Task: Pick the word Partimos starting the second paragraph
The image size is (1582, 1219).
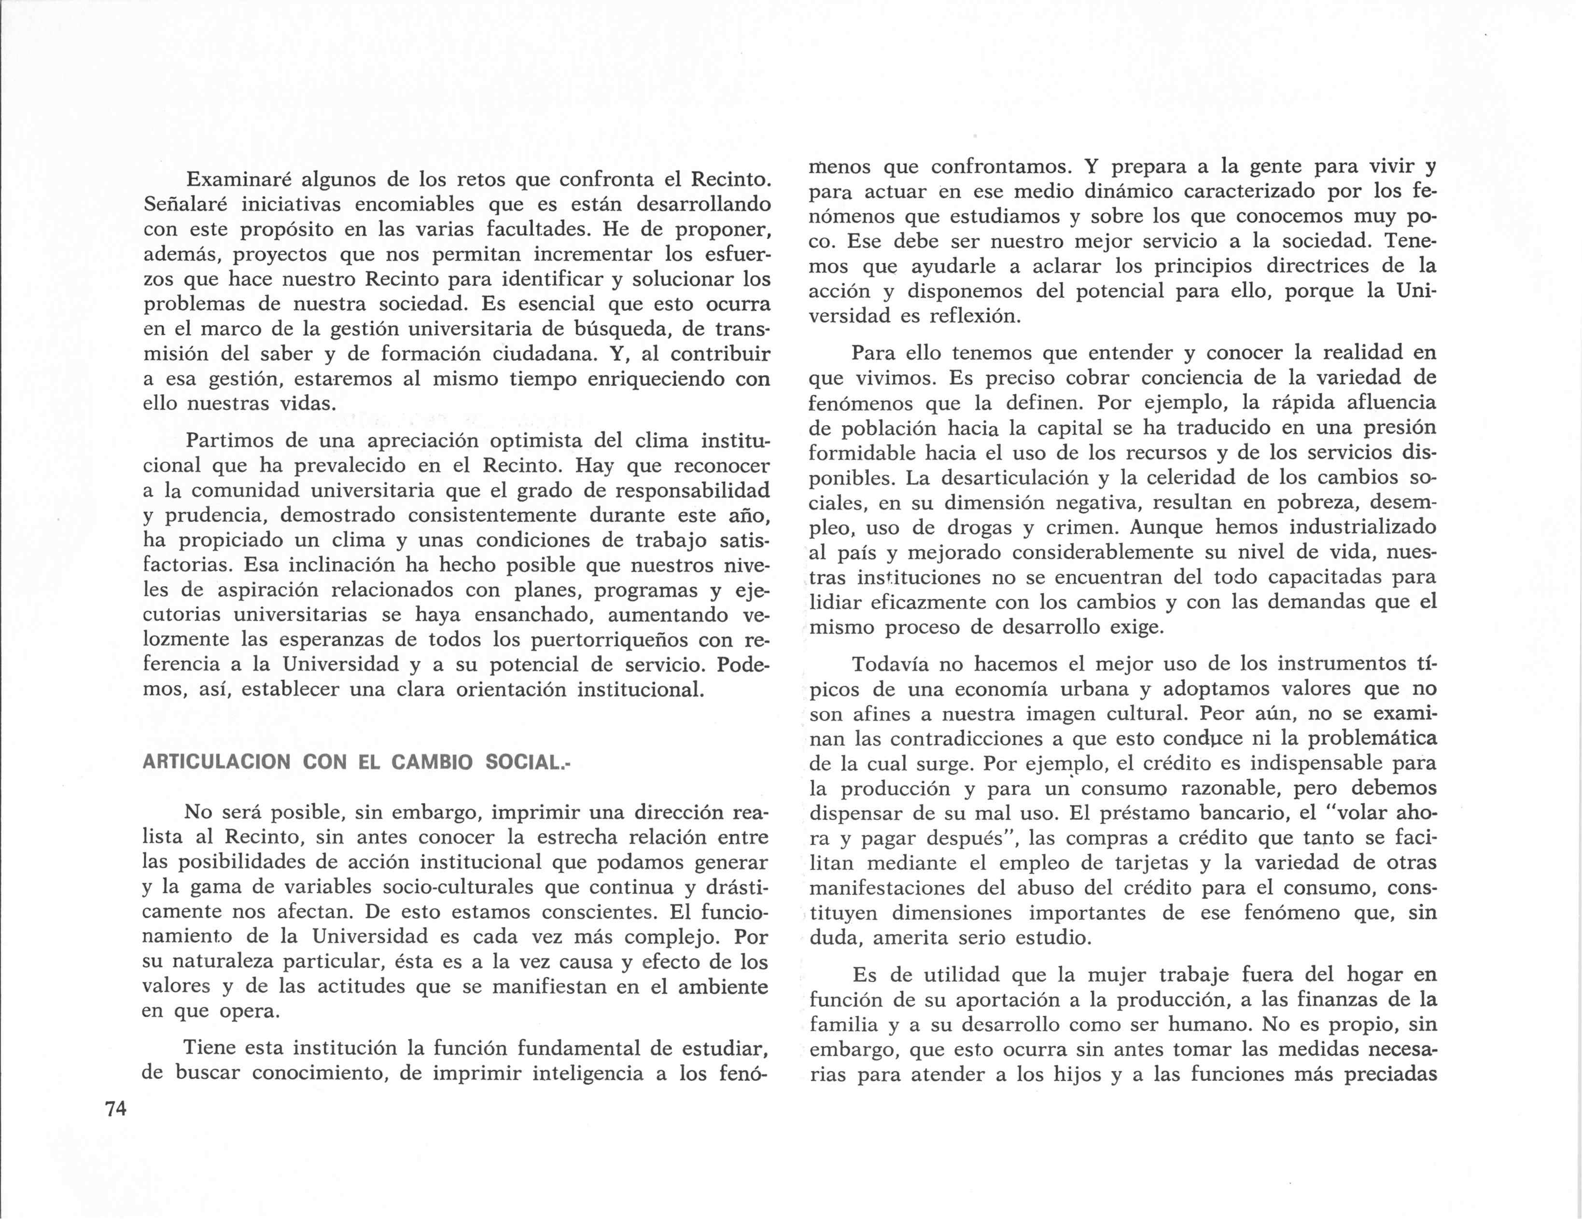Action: pyautogui.click(x=230, y=441)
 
